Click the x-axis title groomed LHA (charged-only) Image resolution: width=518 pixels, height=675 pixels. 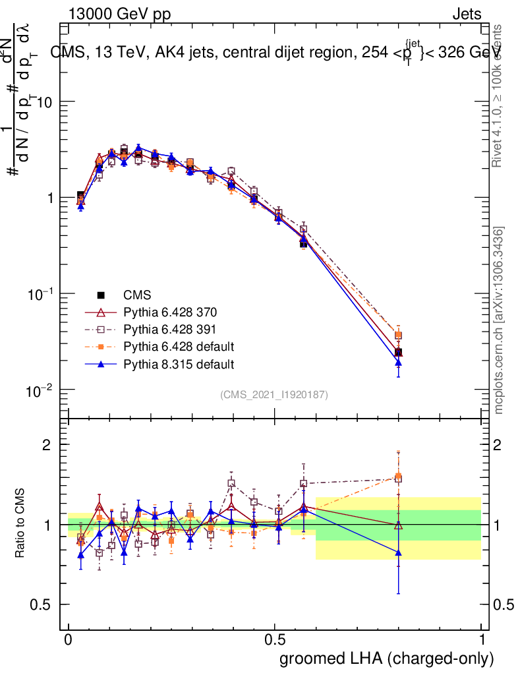pyautogui.click(x=387, y=659)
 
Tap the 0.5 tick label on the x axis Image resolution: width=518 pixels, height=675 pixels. pyautogui.click(x=275, y=639)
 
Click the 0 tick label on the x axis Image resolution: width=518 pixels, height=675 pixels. pyautogui.click(x=69, y=639)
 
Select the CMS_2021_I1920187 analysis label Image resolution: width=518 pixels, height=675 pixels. pyautogui.click(x=274, y=394)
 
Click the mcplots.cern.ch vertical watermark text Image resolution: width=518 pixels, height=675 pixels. pyautogui.click(x=500, y=320)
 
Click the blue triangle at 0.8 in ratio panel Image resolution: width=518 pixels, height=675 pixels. pyautogui.click(x=398, y=552)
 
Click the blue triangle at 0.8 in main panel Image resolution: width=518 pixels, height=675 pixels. pyautogui.click(x=398, y=363)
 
